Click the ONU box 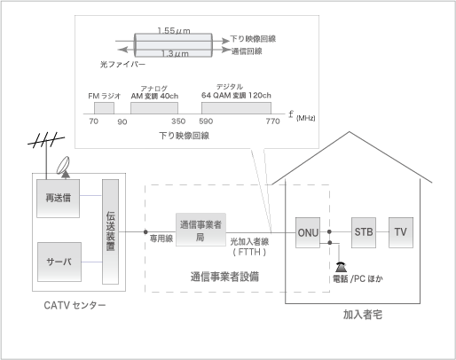(308, 232)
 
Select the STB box (364, 232)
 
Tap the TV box (401, 232)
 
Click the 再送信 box (58, 199)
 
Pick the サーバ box (59, 262)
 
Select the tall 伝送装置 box (110, 231)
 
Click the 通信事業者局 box (200, 230)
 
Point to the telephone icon (341, 267)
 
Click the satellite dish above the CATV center (63, 165)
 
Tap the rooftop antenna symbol (46, 141)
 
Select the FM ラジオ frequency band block (104, 108)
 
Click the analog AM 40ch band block (154, 108)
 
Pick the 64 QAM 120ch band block (236, 108)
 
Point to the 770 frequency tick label (272, 121)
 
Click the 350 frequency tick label (178, 121)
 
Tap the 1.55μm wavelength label (174, 30)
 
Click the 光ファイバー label (122, 65)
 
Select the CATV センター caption (75, 305)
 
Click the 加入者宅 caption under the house (363, 315)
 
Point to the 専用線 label (161, 239)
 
